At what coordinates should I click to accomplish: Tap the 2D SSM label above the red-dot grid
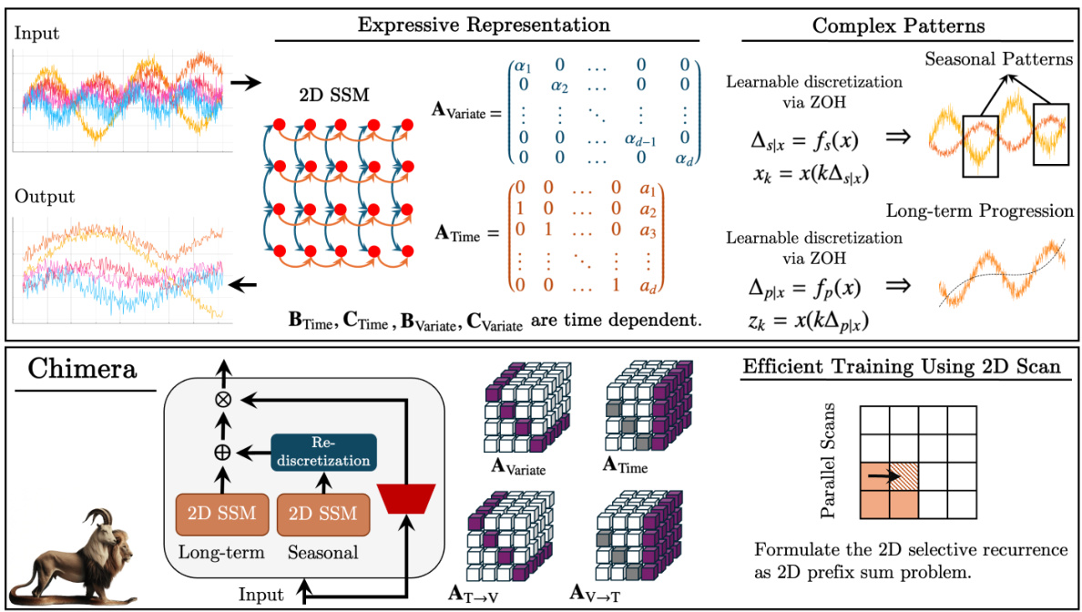pos(341,95)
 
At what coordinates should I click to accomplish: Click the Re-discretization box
pos(323,452)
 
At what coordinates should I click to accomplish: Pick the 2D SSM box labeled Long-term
pos(219,515)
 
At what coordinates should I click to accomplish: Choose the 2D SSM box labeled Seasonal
pos(322,515)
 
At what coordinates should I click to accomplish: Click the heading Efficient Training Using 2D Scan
pos(901,368)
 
